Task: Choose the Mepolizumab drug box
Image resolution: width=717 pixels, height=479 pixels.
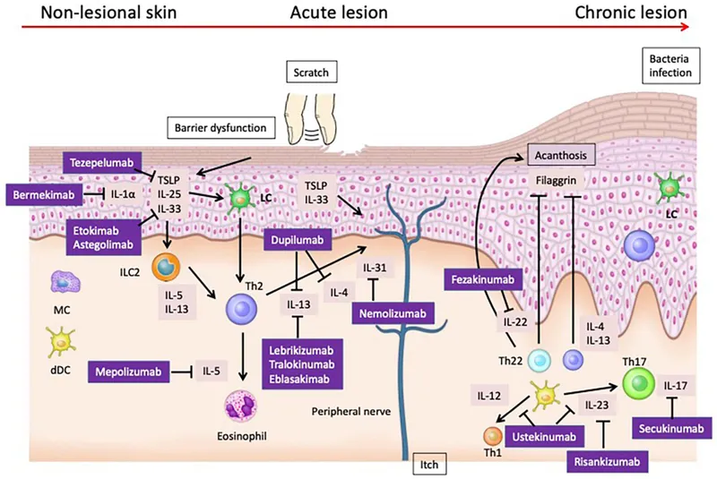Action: coord(128,370)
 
